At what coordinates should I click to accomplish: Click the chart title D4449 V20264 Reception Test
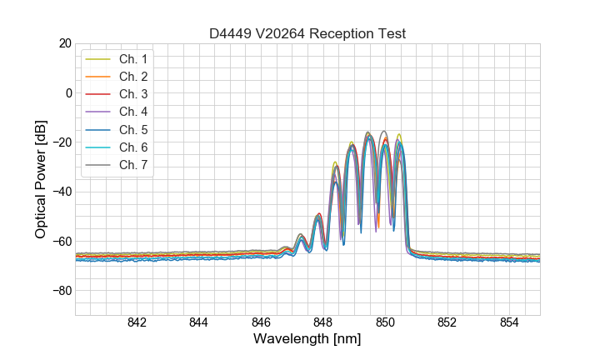[307, 34]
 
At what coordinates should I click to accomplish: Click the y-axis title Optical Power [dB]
[41, 179]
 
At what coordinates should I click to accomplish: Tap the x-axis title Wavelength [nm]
[307, 339]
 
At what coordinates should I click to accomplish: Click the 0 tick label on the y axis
[67, 92]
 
